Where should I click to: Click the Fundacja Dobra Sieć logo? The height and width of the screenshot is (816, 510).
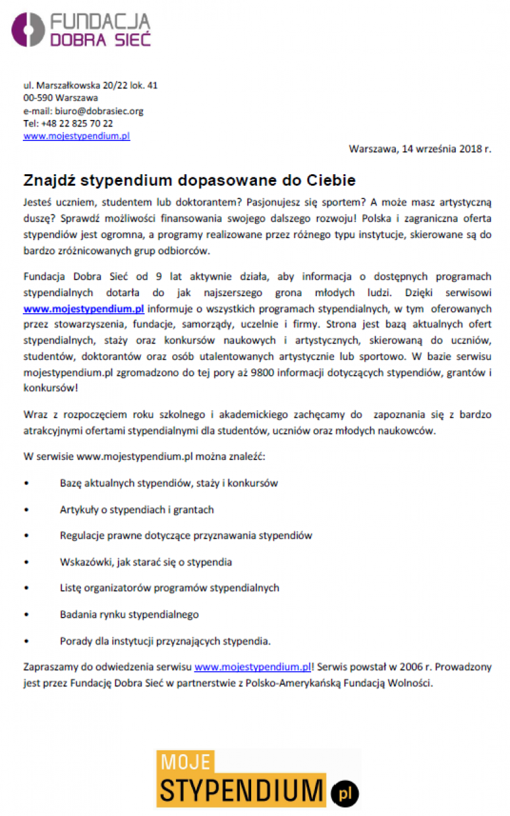tap(81, 29)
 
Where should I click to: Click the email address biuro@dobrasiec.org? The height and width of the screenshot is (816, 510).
tap(99, 110)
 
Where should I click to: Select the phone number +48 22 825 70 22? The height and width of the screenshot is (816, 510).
tap(76, 123)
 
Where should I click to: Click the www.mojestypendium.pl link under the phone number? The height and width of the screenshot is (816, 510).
tap(76, 136)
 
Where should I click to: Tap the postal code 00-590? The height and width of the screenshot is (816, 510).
tap(38, 98)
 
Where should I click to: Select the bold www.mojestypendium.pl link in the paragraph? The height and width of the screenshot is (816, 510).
tap(84, 309)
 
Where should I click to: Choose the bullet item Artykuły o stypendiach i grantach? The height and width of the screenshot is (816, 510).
tap(137, 510)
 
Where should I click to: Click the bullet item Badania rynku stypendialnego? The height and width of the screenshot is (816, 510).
tap(129, 614)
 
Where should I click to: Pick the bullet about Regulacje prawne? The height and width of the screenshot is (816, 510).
tap(186, 536)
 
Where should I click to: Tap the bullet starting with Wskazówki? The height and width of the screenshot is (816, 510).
tap(146, 562)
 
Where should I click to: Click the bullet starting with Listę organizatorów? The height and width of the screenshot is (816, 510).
tap(170, 588)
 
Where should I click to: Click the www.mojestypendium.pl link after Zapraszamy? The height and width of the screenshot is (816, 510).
tap(252, 667)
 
